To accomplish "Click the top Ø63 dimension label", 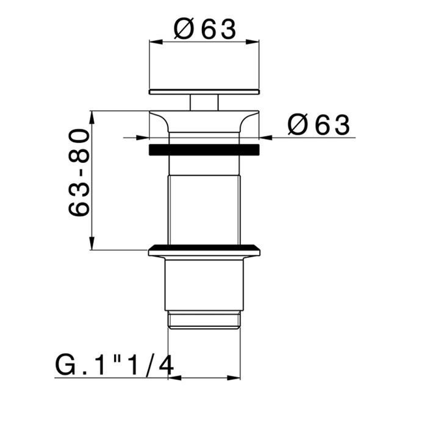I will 204,29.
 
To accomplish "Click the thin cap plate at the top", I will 204,91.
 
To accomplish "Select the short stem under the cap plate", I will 204,102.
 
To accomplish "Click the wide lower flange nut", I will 204,250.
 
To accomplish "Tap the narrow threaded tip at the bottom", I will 204,320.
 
